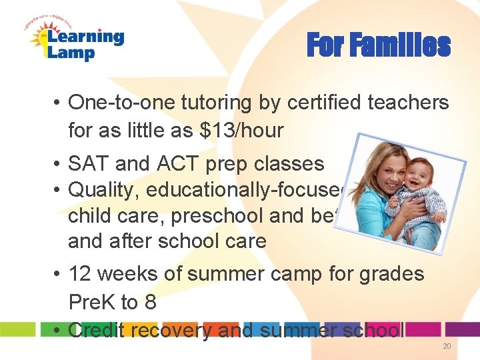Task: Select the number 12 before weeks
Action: [81, 273]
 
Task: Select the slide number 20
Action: [446, 347]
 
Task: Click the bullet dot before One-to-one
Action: [58, 103]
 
